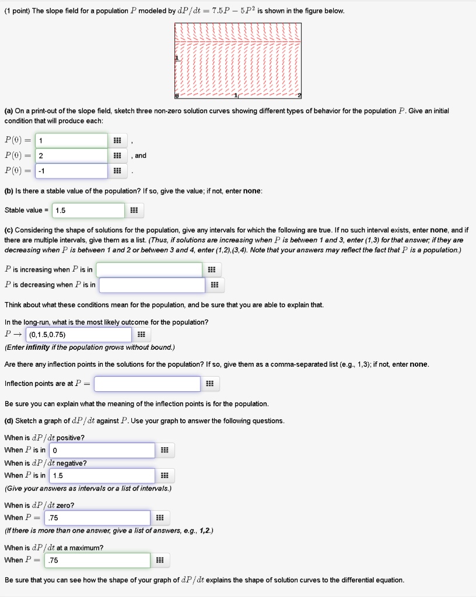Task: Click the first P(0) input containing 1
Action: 71,141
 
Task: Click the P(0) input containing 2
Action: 71,156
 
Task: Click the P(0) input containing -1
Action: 71,171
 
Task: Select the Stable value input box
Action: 88,210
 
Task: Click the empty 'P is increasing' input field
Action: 150,269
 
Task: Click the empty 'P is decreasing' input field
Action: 152,285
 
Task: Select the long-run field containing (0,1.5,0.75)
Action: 79,335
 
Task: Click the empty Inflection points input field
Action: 148,384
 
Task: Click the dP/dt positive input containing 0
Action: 102,450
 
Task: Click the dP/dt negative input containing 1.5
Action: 102,476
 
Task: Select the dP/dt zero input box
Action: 97,518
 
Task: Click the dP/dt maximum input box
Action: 97,560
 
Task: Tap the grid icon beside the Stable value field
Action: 134,210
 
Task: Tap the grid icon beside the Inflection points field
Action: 211,384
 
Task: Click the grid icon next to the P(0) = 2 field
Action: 117,156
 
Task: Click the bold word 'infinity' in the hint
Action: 37,347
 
